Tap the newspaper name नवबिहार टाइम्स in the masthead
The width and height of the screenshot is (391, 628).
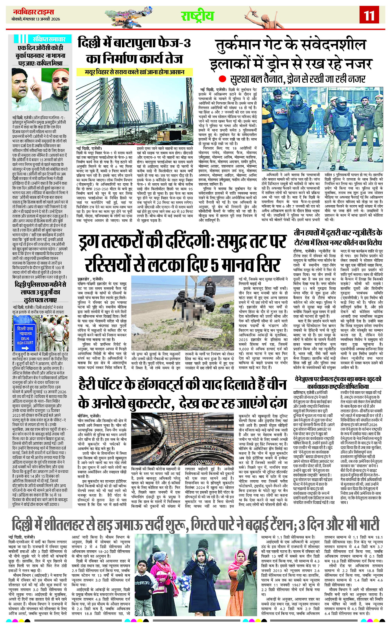pos(33,12)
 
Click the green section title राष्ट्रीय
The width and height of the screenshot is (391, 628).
pos(197,16)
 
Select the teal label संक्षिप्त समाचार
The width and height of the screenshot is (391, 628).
pos(49,39)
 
